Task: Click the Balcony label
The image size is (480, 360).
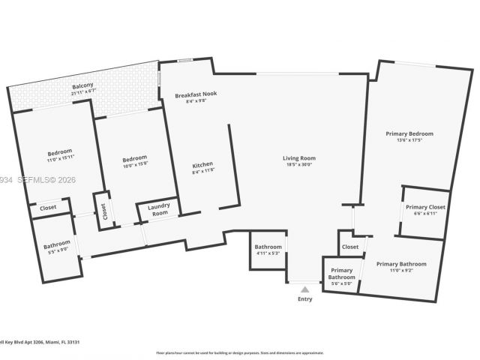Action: [82, 87]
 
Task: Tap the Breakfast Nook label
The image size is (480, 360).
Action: [196, 95]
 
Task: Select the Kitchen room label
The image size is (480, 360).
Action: [202, 164]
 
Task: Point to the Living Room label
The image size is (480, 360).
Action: [298, 157]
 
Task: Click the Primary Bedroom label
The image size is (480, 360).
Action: [409, 133]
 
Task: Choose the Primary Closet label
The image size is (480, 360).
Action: [425, 207]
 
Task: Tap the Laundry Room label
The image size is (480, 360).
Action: [158, 209]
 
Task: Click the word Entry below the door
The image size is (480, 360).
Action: [304, 299]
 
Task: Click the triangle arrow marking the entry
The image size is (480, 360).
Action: [304, 287]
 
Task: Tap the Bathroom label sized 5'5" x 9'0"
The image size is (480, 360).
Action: [56, 244]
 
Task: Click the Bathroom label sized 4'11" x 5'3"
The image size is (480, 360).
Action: [268, 247]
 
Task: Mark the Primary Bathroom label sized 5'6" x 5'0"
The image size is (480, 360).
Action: [341, 274]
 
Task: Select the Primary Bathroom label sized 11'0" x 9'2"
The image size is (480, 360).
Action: [401, 264]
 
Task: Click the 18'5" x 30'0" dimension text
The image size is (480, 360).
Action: [298, 164]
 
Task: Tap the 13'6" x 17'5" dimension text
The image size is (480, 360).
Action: [409, 140]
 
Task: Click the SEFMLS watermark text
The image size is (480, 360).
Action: [28, 179]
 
